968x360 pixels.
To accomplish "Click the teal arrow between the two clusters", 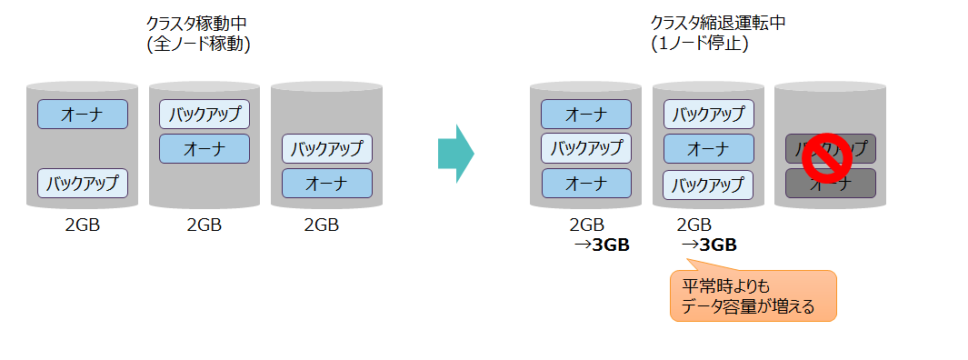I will (455, 154).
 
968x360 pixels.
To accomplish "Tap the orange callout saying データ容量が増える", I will (752, 295).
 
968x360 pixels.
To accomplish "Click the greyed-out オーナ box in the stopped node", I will (830, 184).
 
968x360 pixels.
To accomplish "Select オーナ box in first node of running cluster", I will (82, 115).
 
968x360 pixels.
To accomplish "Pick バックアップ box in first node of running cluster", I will (82, 184).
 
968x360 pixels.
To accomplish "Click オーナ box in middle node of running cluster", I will (204, 148).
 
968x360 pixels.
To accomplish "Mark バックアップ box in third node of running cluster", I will (326, 148).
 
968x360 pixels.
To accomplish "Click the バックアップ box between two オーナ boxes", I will (585, 148).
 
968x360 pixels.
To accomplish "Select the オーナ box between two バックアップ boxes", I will (708, 148).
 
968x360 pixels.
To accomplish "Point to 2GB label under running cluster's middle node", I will (204, 225).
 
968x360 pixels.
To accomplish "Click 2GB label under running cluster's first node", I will (82, 225).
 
